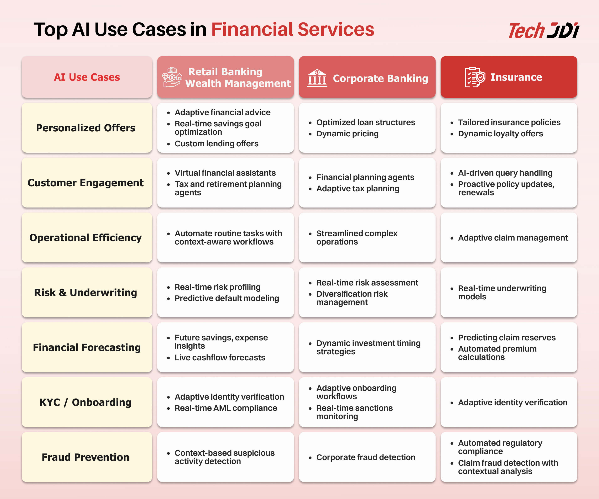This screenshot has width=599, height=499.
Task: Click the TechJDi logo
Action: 544,31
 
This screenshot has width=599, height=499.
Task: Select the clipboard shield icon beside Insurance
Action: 475,77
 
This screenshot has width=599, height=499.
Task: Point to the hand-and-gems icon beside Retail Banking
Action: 172,77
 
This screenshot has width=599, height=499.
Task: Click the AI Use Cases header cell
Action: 87,77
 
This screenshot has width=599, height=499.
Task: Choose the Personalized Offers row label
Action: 85,128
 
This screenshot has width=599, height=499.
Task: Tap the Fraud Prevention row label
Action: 85,457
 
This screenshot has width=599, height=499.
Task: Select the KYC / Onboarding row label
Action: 85,402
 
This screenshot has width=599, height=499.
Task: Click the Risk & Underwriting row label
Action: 85,293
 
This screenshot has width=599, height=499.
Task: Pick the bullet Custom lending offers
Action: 217,143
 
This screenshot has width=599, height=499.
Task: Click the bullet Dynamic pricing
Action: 347,134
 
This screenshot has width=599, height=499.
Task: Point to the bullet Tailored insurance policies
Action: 509,122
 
